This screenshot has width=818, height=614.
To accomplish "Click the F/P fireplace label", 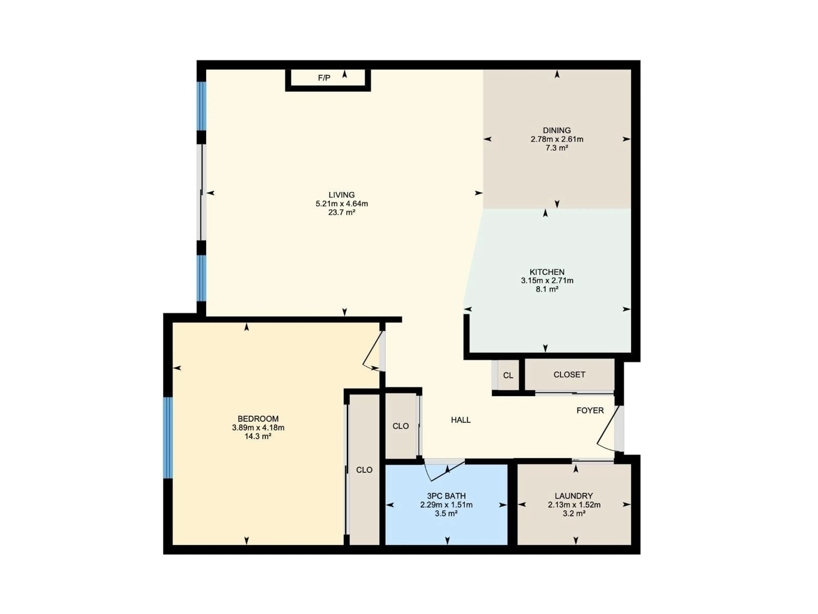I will [324, 78].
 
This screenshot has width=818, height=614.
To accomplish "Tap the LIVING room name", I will [341, 195].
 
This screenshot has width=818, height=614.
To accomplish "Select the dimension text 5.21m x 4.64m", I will [341, 204].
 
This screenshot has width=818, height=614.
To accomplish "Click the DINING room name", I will [557, 130].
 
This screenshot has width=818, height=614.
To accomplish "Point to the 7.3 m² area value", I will [557, 148].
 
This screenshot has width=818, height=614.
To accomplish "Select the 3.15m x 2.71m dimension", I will [547, 281].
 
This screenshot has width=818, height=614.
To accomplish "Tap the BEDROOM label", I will [258, 419].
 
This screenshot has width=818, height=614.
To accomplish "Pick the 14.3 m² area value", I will [258, 436].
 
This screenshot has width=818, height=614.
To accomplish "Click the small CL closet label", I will [508, 375].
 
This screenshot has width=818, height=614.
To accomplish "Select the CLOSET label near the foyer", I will [569, 375].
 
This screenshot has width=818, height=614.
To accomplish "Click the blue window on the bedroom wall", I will [168, 438].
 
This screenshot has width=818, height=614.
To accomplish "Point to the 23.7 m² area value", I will [341, 212].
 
